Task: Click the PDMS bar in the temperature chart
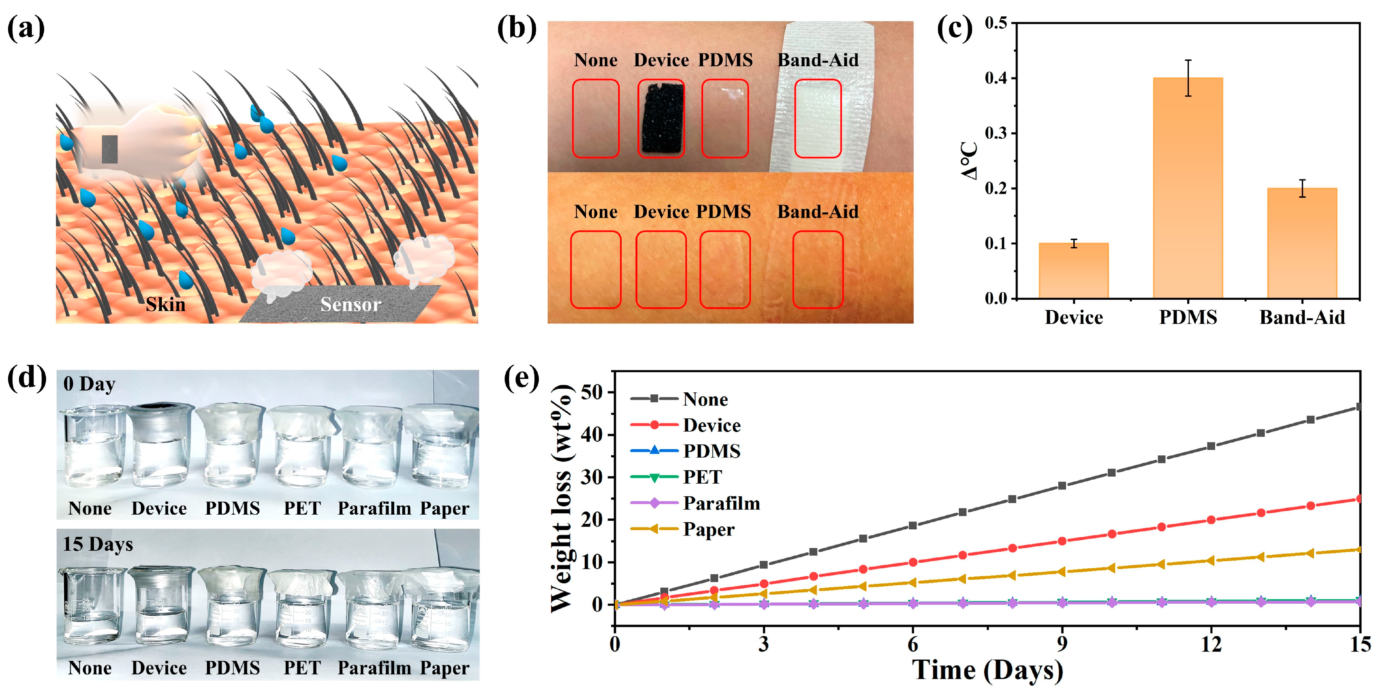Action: pyautogui.click(x=1188, y=188)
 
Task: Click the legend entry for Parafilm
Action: pyautogui.click(x=721, y=503)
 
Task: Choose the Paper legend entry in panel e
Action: pyautogui.click(x=708, y=530)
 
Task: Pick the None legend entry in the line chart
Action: pyautogui.click(x=705, y=399)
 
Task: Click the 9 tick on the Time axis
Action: pyautogui.click(x=1062, y=644)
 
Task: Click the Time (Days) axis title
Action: pyautogui.click(x=987, y=670)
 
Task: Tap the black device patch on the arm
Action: pyautogui.click(x=661, y=118)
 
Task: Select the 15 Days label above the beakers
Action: pyautogui.click(x=97, y=544)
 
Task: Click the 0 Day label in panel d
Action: pyautogui.click(x=89, y=384)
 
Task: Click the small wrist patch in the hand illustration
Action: pyautogui.click(x=110, y=149)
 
